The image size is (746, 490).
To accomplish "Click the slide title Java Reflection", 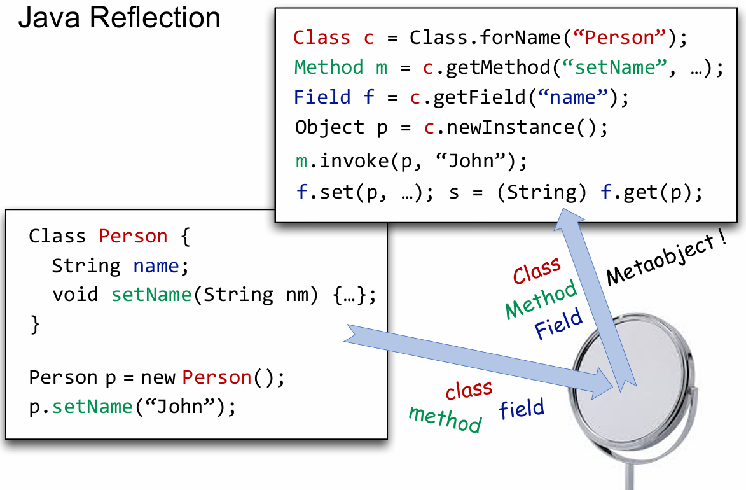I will (x=119, y=17).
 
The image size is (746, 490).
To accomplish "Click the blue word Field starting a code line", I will (x=322, y=97).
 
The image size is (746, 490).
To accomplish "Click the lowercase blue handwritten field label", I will (x=522, y=409).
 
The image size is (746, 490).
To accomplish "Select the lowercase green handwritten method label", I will (x=445, y=419).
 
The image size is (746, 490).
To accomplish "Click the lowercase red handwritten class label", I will (x=469, y=389).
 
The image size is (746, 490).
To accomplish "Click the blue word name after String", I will (x=156, y=266).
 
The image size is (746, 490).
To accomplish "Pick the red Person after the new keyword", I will (x=217, y=377).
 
